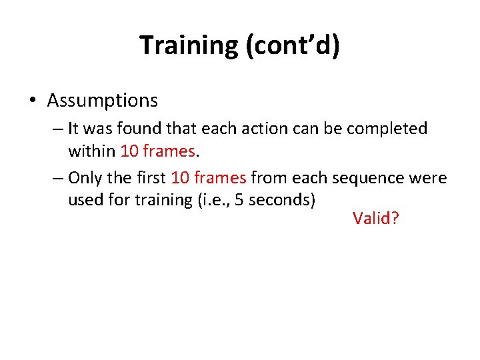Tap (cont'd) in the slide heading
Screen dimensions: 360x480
(293, 45)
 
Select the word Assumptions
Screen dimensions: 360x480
(102, 101)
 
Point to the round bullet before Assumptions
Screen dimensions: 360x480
(33, 101)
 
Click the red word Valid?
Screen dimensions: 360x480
(375, 218)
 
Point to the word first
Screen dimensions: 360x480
(151, 178)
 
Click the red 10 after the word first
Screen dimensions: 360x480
(179, 178)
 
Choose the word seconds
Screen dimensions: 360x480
(281, 200)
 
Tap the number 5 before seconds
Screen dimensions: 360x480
(245, 200)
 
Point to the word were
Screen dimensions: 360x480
(431, 178)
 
